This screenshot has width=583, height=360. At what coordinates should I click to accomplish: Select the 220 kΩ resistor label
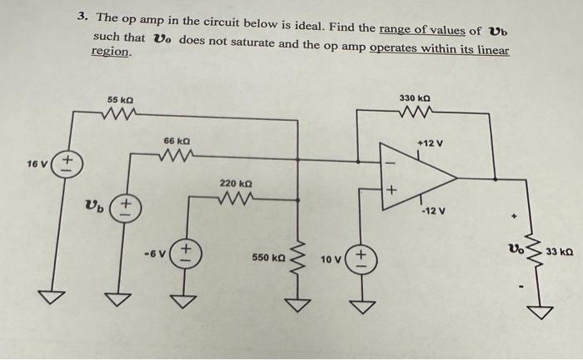click(234, 182)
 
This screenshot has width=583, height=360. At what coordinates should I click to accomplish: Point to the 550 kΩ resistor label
click(267, 259)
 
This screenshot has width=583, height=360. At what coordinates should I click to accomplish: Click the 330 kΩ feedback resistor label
click(414, 98)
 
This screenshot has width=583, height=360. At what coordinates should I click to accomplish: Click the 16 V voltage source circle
click(68, 162)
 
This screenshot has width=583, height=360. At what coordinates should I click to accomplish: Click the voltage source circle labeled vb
click(126, 206)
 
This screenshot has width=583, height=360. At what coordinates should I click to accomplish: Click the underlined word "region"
click(110, 52)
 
